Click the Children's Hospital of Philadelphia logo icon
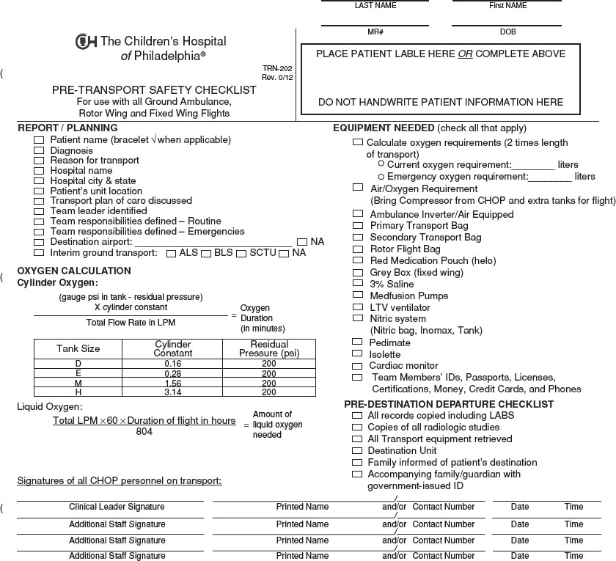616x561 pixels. [86, 42]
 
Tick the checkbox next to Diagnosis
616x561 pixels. [39, 150]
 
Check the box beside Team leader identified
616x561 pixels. [39, 211]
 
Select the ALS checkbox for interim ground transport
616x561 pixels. [172, 254]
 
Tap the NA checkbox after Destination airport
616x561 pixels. [302, 242]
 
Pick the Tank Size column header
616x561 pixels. [78, 348]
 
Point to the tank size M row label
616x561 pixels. [78, 383]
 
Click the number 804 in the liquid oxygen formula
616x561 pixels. [144, 431]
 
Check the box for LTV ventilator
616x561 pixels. [357, 307]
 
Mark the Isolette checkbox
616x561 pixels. [357, 354]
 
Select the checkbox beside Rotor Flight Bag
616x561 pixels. [357, 249]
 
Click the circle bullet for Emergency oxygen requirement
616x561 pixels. [381, 177]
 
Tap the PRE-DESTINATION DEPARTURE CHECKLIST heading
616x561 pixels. [449, 404]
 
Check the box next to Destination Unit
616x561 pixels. [357, 451]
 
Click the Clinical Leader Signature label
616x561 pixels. [117, 507]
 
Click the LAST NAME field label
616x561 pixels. [375, 6]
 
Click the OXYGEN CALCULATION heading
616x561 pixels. [74, 271]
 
